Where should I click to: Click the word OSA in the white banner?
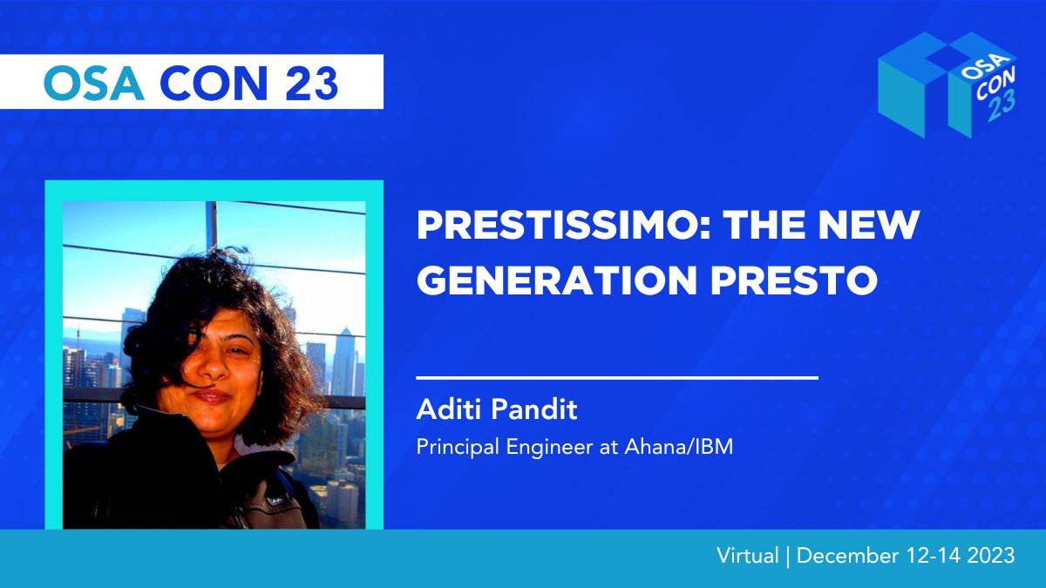click(x=93, y=83)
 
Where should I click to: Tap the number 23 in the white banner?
click(x=311, y=83)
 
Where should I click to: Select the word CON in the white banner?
click(x=214, y=83)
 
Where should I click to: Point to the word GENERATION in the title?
click(x=557, y=280)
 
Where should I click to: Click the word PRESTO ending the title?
click(x=794, y=280)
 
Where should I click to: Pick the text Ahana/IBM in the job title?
click(x=679, y=447)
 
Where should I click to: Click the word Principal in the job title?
click(x=458, y=448)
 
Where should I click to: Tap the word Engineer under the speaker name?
click(x=549, y=448)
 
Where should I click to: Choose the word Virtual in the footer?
click(x=748, y=556)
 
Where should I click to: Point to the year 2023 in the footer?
click(x=991, y=556)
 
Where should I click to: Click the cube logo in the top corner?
click(x=948, y=85)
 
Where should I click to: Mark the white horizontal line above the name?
click(x=617, y=377)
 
